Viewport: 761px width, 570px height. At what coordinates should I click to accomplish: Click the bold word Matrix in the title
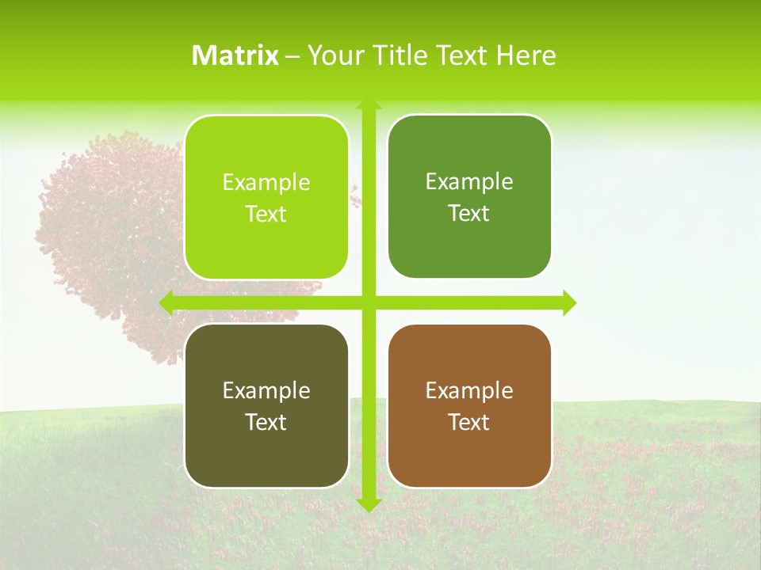[235, 55]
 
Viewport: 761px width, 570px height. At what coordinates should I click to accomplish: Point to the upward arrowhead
[369, 105]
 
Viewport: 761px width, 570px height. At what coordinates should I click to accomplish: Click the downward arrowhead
[369, 504]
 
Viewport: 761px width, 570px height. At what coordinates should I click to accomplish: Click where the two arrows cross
[369, 302]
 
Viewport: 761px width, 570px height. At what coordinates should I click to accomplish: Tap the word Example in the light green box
[266, 183]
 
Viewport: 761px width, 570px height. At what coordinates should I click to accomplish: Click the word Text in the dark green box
[469, 214]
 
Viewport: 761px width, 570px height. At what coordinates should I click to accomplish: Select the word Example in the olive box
[266, 391]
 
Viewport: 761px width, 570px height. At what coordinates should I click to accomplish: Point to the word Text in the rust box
[469, 423]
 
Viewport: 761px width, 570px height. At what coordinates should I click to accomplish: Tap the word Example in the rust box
[469, 391]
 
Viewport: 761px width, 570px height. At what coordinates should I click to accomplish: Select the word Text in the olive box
[266, 423]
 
